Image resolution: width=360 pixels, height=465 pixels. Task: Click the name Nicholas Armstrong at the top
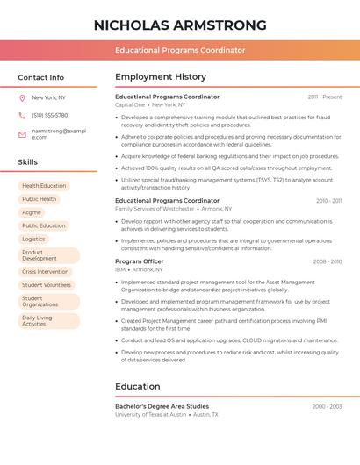point(180,25)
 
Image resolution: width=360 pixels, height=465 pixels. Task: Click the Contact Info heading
point(40,77)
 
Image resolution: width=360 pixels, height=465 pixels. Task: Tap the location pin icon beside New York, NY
point(22,97)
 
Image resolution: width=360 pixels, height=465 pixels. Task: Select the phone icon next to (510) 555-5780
point(22,115)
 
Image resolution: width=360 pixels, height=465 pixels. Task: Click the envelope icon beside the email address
point(22,134)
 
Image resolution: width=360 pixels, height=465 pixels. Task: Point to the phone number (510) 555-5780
point(49,115)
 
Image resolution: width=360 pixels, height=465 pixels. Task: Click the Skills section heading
point(28,162)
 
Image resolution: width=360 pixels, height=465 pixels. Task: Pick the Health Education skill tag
point(44,186)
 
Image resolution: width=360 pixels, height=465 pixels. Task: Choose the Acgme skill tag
point(32,212)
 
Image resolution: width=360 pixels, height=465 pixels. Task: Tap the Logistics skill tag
point(33,239)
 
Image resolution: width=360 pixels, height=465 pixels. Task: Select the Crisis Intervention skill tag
point(45,272)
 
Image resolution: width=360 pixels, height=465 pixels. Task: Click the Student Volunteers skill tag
point(47,285)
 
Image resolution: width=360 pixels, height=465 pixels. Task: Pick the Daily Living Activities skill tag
point(40,320)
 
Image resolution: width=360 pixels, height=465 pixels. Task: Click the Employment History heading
point(161,77)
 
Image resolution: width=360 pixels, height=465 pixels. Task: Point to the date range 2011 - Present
point(325,97)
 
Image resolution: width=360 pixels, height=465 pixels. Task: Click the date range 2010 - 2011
point(328,201)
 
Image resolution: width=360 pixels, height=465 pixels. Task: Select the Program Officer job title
point(139,261)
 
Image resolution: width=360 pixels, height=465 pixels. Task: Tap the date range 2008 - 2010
point(328,261)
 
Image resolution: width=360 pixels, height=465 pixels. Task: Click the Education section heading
point(138,386)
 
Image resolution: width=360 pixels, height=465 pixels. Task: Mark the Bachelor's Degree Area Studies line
point(162,406)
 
